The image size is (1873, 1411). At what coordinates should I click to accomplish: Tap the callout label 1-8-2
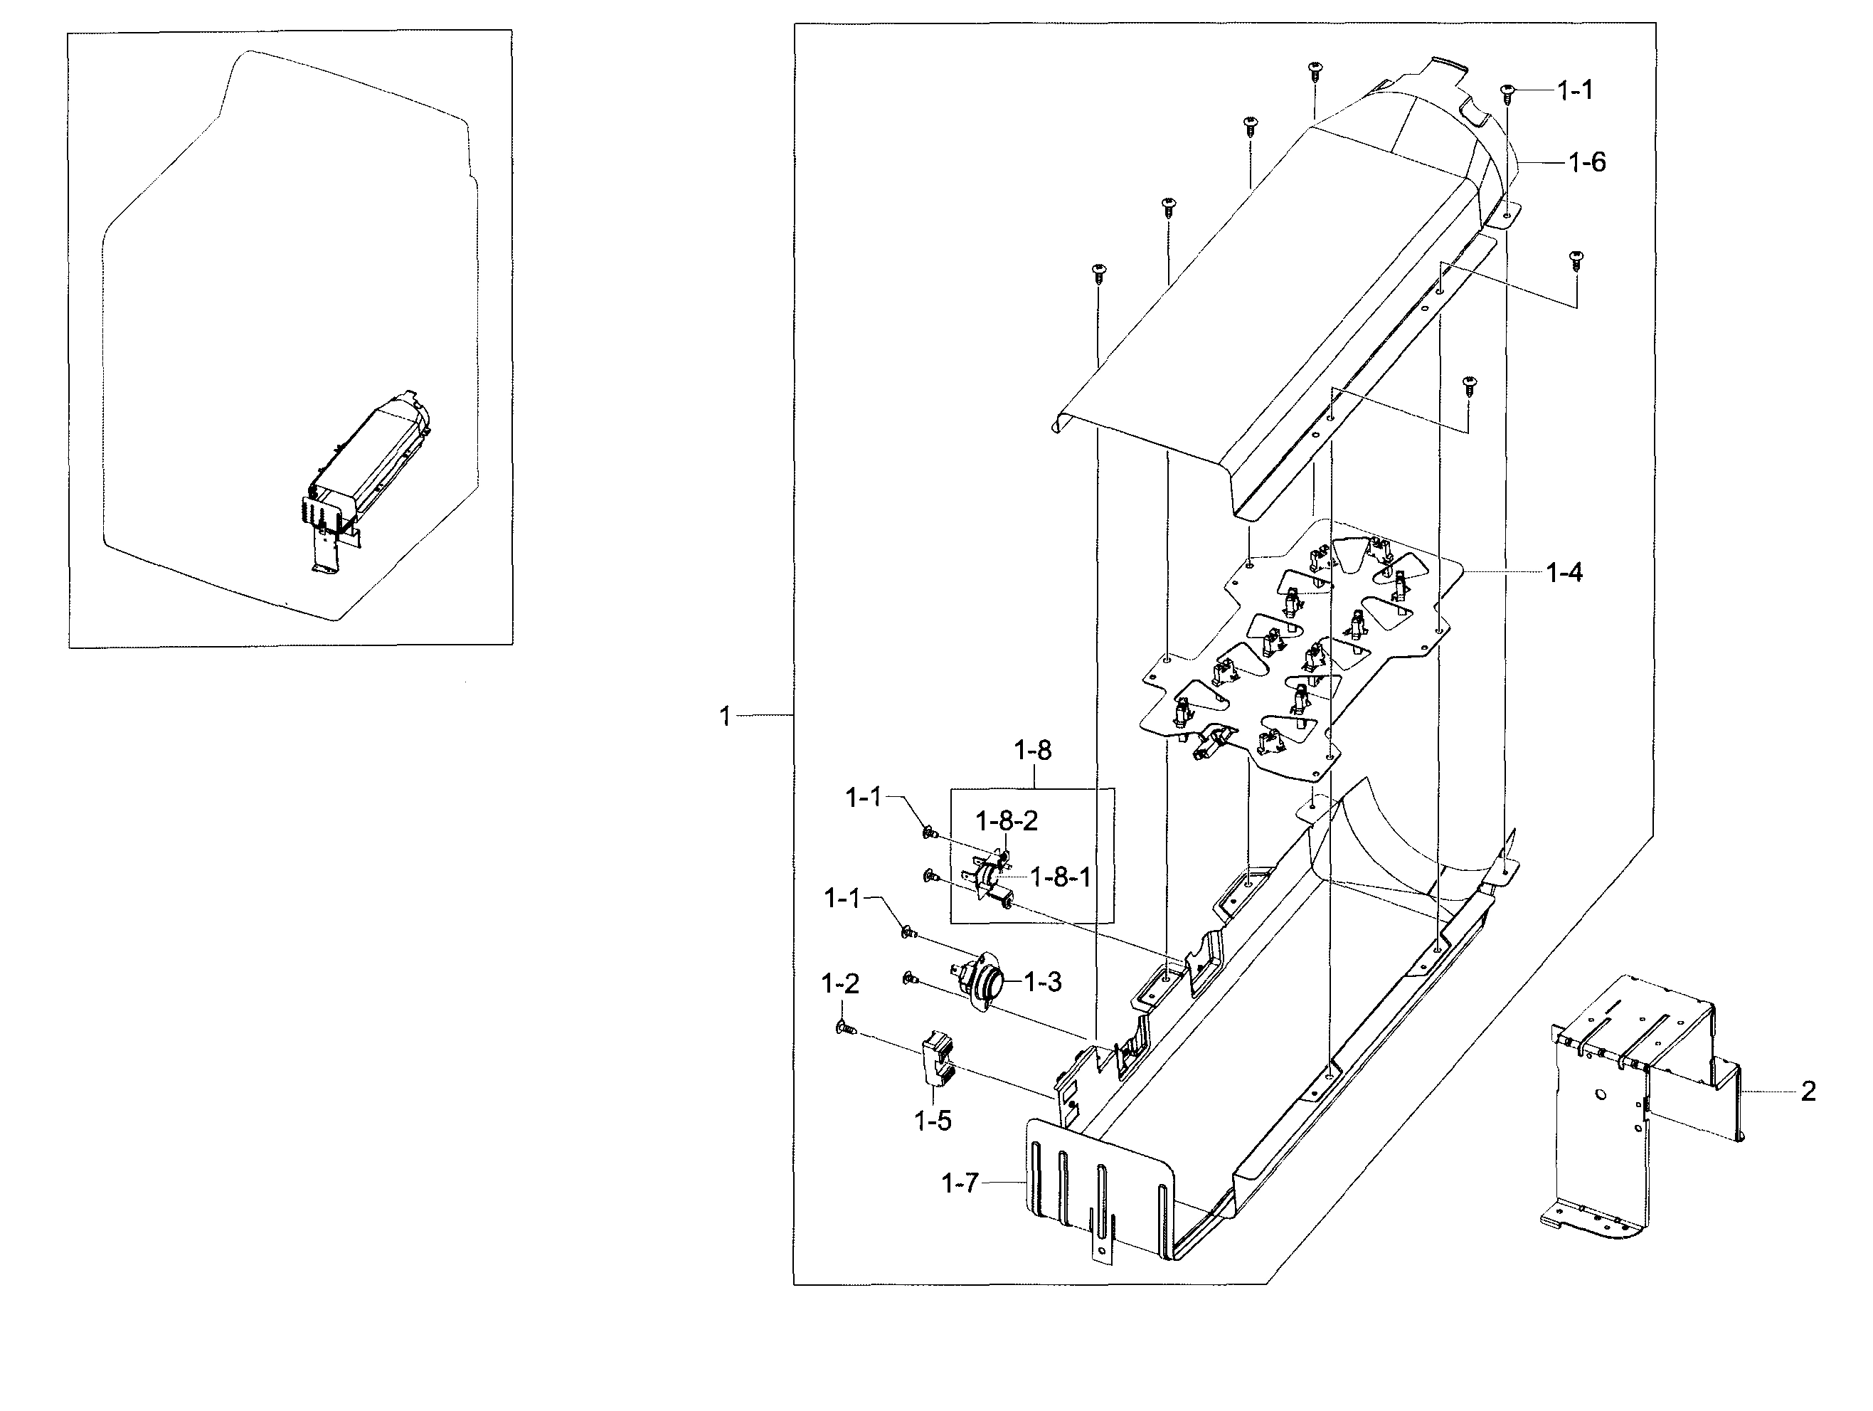[1006, 820]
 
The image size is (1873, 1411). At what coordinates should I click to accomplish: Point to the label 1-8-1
[1060, 877]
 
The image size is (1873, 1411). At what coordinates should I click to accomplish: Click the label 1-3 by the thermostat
[1042, 983]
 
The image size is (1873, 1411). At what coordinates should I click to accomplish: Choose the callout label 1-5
[933, 1121]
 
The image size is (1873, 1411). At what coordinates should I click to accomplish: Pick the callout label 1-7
[960, 1183]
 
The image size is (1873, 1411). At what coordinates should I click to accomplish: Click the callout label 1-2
[840, 983]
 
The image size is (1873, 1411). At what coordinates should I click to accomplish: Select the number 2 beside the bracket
[1808, 1092]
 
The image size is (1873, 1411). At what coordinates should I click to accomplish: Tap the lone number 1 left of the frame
[725, 717]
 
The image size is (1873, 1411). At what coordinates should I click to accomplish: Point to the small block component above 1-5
[935, 1057]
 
